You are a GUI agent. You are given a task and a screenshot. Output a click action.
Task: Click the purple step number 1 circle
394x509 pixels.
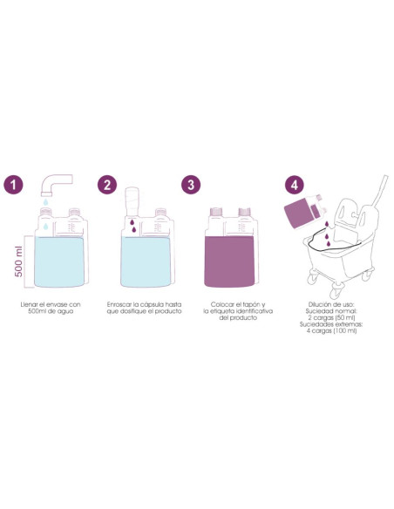[x=13, y=185]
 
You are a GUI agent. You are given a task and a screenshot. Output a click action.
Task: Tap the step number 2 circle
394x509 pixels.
[x=107, y=185]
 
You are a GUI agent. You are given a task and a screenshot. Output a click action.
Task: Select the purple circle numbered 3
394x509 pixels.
[x=191, y=185]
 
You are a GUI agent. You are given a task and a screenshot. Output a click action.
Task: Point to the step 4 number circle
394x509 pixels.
[x=295, y=185]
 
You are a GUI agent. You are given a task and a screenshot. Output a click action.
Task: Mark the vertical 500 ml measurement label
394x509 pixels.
[x=19, y=261]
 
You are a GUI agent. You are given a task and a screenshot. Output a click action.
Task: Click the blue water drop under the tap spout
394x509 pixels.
[x=45, y=202]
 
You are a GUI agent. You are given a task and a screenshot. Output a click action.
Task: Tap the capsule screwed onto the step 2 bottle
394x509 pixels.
[x=132, y=201]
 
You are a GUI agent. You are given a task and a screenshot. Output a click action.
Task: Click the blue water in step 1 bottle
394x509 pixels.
[x=59, y=261]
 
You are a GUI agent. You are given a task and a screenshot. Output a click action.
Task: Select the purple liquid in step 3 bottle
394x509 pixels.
[x=229, y=261]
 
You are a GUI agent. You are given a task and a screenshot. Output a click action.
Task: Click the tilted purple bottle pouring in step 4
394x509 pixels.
[x=304, y=211]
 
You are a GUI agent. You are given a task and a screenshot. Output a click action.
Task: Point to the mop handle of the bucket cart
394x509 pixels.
[x=380, y=191]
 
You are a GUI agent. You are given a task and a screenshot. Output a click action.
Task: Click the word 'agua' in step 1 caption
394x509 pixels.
[x=65, y=311]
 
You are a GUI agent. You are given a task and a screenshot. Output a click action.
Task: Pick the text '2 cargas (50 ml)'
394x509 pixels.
[x=331, y=318]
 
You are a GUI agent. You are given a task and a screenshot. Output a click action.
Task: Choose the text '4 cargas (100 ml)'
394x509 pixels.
[x=331, y=331]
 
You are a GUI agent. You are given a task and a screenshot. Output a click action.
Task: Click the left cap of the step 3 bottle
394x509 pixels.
[x=216, y=212]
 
